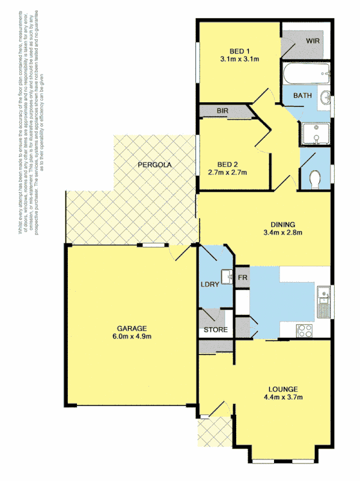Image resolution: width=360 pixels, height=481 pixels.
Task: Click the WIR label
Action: click(x=313, y=41)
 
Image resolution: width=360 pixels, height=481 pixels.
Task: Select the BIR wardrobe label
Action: click(x=223, y=112)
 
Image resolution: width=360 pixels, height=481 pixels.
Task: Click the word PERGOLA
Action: click(x=154, y=165)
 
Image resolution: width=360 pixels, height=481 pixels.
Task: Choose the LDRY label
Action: click(x=209, y=284)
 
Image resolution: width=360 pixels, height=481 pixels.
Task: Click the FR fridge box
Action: click(x=242, y=277)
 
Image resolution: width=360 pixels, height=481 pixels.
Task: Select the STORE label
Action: click(x=215, y=330)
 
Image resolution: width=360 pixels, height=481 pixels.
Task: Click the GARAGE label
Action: click(x=131, y=328)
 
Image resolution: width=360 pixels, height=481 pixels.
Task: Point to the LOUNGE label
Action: click(x=282, y=389)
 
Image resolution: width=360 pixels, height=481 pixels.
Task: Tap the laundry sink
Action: click(x=227, y=277)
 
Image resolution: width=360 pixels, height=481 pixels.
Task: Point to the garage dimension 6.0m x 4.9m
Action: click(x=131, y=337)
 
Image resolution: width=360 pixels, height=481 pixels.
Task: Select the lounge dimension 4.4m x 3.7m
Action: click(x=282, y=397)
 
